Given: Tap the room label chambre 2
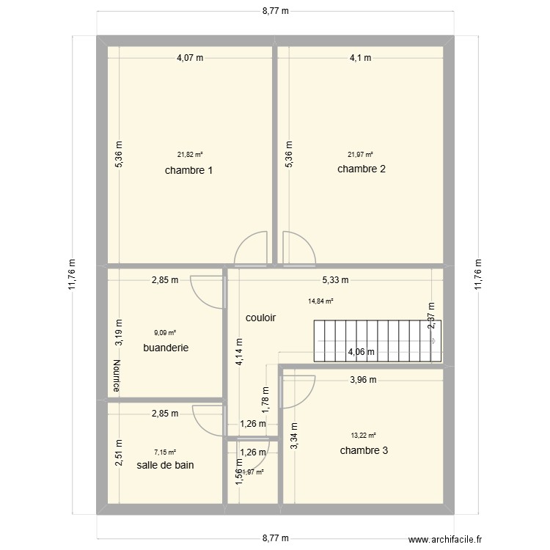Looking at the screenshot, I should pyautogui.click(x=361, y=169).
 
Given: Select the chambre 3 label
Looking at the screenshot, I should pyautogui.click(x=364, y=450).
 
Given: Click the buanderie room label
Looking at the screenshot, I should pyautogui.click(x=166, y=348).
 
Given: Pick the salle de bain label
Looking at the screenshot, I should pyautogui.click(x=165, y=465).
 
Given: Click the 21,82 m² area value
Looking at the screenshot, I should pyautogui.click(x=190, y=155).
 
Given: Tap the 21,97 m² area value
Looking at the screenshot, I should pyautogui.click(x=360, y=155).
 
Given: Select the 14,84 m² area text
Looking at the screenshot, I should pyautogui.click(x=321, y=301).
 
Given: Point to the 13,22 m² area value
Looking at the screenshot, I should pyautogui.click(x=363, y=435).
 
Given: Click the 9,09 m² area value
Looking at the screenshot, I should pyautogui.click(x=164, y=331).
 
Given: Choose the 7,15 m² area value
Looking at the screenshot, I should pyautogui.click(x=164, y=452).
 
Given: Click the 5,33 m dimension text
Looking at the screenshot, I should pyautogui.click(x=335, y=279).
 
